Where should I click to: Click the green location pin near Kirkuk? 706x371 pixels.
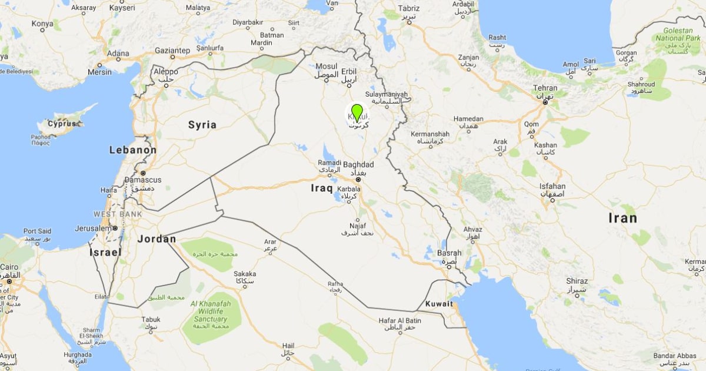point(357,112)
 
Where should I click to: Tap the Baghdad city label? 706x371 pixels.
point(358,164)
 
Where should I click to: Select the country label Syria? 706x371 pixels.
point(202,125)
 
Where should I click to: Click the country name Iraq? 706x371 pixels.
point(322,188)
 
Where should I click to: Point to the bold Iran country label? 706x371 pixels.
point(622,218)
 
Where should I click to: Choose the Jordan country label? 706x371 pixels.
point(156,239)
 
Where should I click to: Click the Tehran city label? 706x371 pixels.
point(545,88)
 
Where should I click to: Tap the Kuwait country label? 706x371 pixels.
point(439,304)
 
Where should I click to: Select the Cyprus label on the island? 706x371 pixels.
point(62,124)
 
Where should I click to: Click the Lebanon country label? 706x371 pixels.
point(133,150)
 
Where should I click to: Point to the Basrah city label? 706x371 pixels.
point(449,253)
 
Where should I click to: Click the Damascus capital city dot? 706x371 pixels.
point(142,173)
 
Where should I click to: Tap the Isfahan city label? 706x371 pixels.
point(552,187)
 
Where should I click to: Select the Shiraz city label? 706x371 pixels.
point(577,281)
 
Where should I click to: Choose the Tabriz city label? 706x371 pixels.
point(409,9)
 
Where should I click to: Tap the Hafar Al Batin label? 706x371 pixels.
point(400,321)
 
